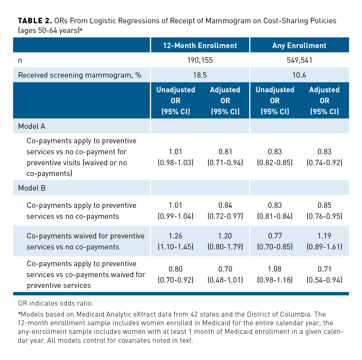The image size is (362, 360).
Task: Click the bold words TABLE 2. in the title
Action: click(35, 21)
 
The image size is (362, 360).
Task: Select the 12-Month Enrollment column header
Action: click(200, 45)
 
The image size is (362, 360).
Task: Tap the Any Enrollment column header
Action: click(299, 45)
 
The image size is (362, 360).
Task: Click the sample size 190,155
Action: click(200, 60)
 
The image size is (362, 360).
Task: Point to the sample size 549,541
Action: click(299, 60)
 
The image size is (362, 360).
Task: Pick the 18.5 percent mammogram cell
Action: click(200, 75)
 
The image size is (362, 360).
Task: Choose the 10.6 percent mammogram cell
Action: click(299, 75)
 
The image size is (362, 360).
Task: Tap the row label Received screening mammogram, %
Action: click(80, 75)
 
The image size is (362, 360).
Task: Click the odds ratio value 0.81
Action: click(225, 152)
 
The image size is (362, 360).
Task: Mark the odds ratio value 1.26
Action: click(175, 236)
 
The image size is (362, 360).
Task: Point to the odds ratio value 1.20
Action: click(225, 236)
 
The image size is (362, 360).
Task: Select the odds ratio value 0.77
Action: click(275, 236)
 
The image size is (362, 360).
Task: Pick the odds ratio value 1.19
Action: click(324, 236)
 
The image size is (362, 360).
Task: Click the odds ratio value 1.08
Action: click(275, 269)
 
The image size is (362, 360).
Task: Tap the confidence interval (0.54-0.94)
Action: click(324, 280)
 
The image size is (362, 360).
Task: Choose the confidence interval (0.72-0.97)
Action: click(225, 216)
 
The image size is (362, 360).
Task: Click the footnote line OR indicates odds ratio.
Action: click(56, 303)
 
